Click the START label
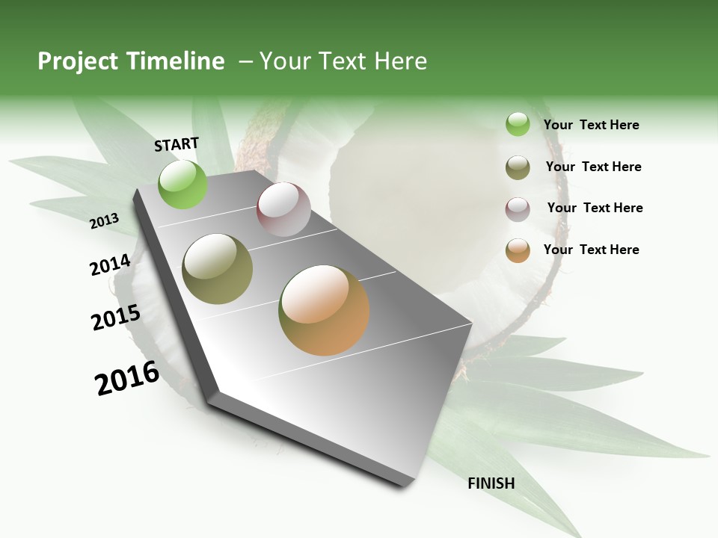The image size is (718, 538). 177,144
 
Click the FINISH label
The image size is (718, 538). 491,483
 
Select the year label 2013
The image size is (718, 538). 105,220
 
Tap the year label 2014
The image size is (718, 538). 110,265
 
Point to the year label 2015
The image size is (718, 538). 115,317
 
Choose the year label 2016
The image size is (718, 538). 127,377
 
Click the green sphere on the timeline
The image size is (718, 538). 182,185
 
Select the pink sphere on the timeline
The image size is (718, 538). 283,209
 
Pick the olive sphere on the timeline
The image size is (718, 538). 218,269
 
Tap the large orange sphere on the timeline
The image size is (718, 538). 324,310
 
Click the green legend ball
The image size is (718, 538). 518,125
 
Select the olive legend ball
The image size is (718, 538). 518,167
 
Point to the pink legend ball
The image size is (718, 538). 518,209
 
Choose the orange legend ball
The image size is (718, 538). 518,250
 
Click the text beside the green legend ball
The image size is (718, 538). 591,126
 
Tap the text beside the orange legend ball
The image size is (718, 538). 591,250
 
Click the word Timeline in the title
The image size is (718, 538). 177,61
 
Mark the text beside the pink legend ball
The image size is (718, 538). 595,208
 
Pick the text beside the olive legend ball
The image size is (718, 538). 593,167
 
